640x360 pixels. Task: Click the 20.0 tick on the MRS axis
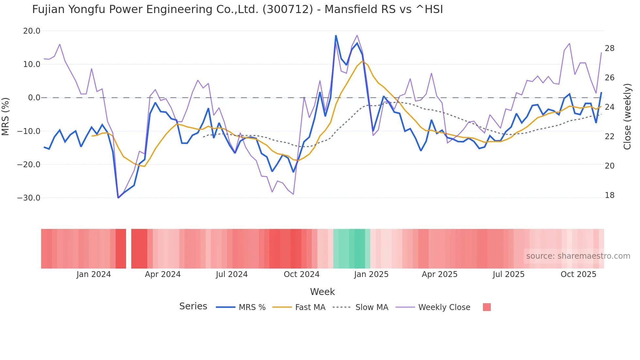pyautogui.click(x=31, y=31)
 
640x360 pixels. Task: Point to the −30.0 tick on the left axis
pyautogui.click(x=29, y=198)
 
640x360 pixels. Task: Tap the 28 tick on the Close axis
pyautogui.click(x=609, y=48)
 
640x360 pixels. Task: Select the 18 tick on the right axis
pyautogui.click(x=609, y=195)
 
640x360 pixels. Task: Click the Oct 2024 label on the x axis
pyautogui.click(x=301, y=274)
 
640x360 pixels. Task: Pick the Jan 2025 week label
pyautogui.click(x=371, y=274)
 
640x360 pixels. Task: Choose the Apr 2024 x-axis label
pyautogui.click(x=163, y=274)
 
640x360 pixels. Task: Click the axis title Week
pyautogui.click(x=322, y=292)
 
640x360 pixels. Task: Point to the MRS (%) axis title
pyautogui.click(x=6, y=116)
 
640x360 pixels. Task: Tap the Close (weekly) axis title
pyautogui.click(x=627, y=116)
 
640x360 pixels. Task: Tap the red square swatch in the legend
pyautogui.click(x=487, y=307)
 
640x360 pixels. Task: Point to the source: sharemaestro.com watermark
pyautogui.click(x=578, y=256)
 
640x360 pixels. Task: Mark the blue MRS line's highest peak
pyautogui.click(x=336, y=36)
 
